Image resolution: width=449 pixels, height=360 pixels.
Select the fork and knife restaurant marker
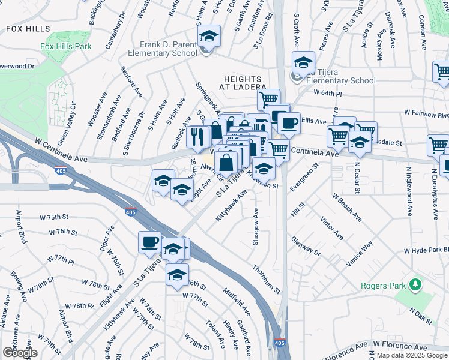[198, 137]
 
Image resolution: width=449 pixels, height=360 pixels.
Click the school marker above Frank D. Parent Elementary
[210, 37]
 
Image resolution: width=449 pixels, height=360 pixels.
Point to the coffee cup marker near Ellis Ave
[289, 124]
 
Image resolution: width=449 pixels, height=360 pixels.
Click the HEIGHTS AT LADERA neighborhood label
[242, 83]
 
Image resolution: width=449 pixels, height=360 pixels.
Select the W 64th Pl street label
[327, 94]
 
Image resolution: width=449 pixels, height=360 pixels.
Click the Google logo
[20, 353]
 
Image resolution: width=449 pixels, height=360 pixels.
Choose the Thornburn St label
[266, 279]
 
